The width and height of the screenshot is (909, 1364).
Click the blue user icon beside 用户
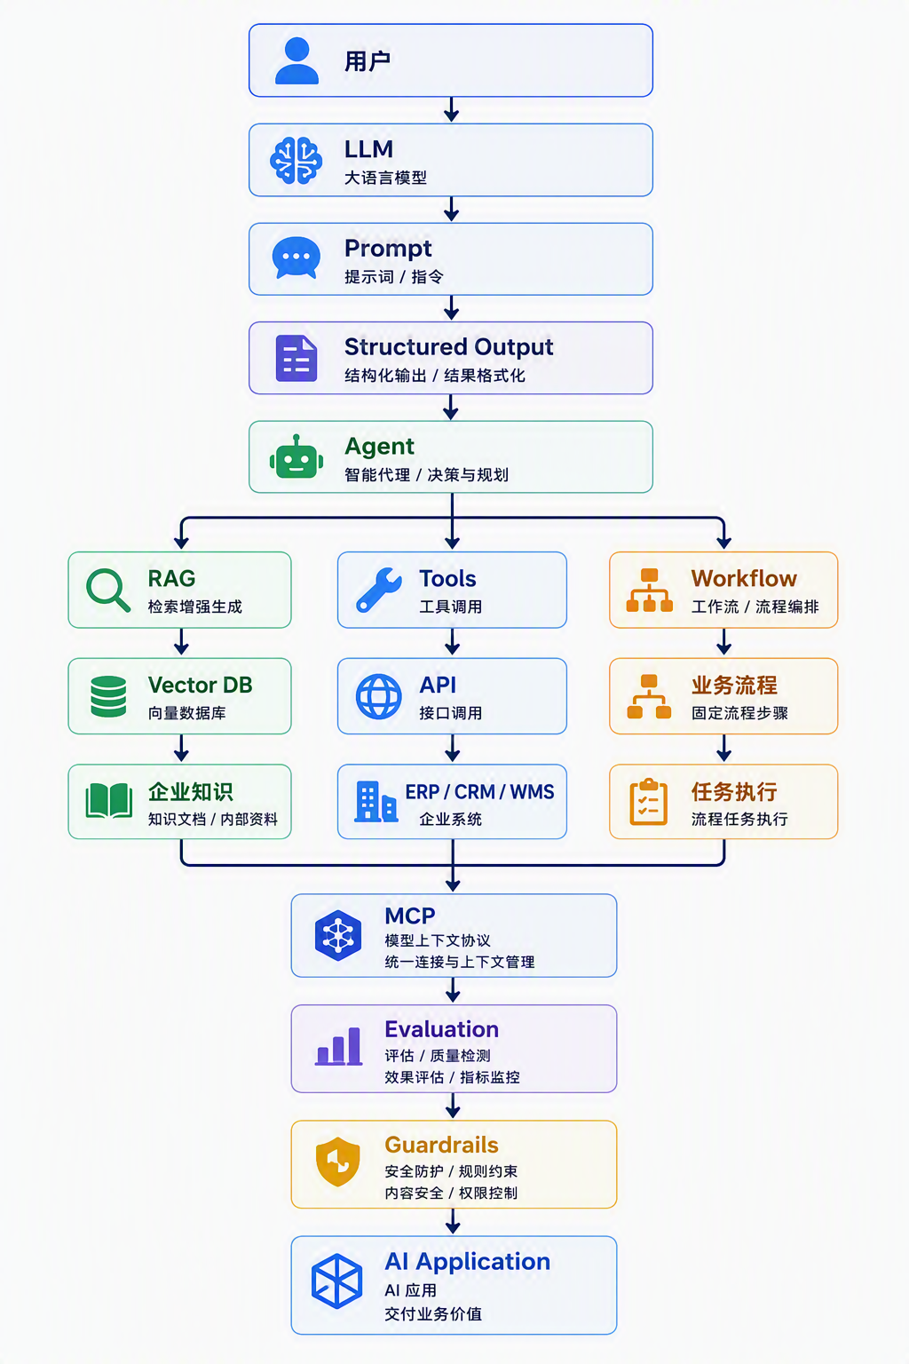pos(296,60)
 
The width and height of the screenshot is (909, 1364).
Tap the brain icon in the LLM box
pos(296,160)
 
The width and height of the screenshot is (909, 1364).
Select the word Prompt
pos(388,249)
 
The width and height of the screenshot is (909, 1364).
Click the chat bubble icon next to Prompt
pos(296,258)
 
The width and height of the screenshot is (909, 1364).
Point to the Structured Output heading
pos(448,347)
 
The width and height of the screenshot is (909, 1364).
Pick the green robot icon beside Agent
pos(296,456)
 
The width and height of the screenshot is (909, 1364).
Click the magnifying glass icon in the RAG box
pos(108,590)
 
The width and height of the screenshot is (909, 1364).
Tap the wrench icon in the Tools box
pos(379,590)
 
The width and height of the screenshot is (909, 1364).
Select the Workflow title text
pos(743,578)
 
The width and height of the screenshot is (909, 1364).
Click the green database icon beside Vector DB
pos(108,696)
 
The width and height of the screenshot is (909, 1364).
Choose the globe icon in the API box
pos(379,696)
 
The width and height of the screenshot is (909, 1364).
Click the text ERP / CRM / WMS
pos(479,791)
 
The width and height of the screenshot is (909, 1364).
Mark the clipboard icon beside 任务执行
pos(648,802)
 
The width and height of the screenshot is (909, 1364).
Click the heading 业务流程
pos(734,685)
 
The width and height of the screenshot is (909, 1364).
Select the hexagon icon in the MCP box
pos(338,935)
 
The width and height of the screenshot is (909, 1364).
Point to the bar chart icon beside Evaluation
pos(338,1046)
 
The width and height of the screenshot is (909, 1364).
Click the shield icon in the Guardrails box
pos(338,1162)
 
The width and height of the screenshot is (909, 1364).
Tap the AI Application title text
pos(467,1262)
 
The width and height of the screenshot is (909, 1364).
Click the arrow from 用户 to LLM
pos(451,109)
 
